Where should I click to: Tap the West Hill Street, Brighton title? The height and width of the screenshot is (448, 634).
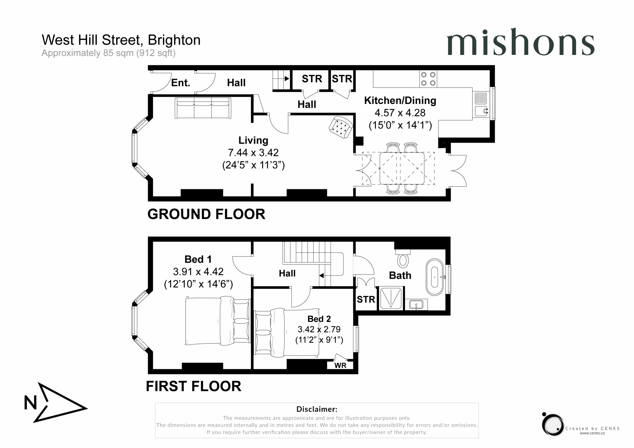[121, 40]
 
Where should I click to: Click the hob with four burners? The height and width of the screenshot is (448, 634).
[428, 79]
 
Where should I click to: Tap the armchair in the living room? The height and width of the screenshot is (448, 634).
[341, 127]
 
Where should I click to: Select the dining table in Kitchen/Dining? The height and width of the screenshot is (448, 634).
[402, 168]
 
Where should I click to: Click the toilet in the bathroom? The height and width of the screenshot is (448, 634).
[403, 259]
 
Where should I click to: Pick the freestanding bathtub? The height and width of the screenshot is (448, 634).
[435, 277]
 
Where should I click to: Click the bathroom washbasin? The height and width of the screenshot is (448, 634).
[416, 305]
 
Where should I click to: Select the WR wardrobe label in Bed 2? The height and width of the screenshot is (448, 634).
[340, 366]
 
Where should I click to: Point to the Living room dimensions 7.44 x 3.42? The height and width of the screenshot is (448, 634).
[253, 153]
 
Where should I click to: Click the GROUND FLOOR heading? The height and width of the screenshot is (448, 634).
[206, 214]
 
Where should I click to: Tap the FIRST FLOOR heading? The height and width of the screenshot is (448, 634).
[194, 386]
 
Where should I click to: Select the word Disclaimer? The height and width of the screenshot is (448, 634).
[317, 409]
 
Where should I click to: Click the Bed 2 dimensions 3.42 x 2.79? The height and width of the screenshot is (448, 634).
[319, 329]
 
